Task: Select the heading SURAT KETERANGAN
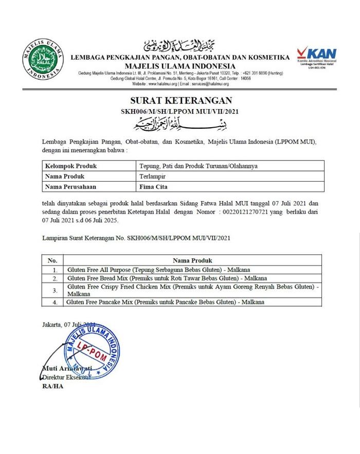click(179, 100)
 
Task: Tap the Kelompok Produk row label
click(71, 166)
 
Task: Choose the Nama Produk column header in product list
click(193, 260)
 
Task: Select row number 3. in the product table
click(55, 290)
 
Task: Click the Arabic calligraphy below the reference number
click(179, 124)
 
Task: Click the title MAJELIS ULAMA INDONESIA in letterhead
click(181, 66)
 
